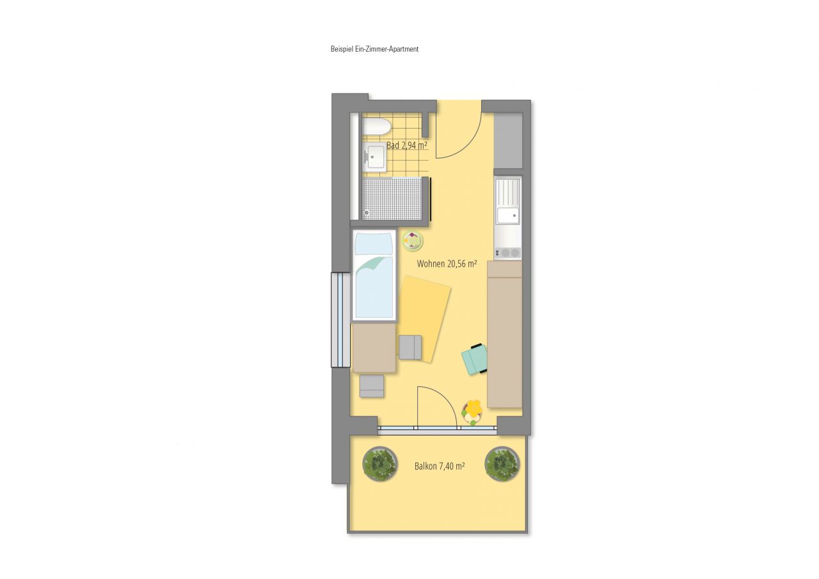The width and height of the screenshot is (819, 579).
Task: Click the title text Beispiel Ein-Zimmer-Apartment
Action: (x=374, y=49)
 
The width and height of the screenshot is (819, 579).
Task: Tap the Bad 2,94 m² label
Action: (x=406, y=146)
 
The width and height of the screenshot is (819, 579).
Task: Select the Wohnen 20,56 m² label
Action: (x=447, y=264)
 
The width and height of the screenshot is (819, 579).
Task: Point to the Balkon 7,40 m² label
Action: (x=439, y=466)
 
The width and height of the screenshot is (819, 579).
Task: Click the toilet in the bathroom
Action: (x=377, y=126)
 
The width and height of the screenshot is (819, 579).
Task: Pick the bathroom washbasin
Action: (x=375, y=155)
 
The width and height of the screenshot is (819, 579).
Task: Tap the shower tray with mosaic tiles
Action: (x=392, y=198)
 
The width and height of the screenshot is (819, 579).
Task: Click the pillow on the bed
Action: (x=374, y=244)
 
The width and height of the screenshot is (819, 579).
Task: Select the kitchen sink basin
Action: (x=509, y=216)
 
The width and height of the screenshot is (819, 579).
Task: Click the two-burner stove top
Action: (x=509, y=253)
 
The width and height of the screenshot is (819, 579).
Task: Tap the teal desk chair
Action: (x=475, y=359)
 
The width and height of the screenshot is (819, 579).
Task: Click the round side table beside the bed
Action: (x=413, y=241)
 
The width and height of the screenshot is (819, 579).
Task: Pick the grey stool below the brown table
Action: (x=372, y=386)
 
